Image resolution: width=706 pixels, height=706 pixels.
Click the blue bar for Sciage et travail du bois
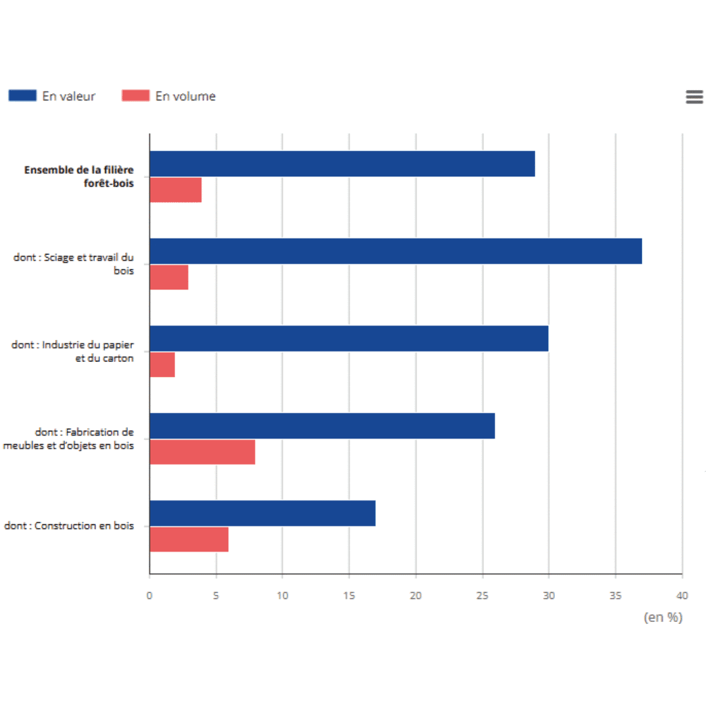tap(395, 251)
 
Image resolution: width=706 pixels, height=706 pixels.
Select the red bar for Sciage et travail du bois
tap(169, 277)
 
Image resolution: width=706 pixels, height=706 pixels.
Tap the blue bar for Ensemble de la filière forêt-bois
tap(342, 163)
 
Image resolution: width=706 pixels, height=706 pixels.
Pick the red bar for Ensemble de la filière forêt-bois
tap(175, 190)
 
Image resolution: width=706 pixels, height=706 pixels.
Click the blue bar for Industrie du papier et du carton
tap(349, 339)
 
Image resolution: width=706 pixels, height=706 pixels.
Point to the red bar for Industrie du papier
tap(162, 365)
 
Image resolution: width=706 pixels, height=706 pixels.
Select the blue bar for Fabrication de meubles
tap(322, 426)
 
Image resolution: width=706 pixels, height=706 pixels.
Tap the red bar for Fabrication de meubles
tap(202, 452)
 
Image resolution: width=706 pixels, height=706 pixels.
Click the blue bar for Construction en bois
tap(262, 514)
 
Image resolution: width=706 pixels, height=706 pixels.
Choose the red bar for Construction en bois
tap(189, 540)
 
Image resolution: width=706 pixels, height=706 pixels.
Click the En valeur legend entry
tap(52, 97)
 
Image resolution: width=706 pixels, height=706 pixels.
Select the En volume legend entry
tap(169, 97)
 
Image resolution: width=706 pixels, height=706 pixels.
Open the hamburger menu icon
tap(694, 97)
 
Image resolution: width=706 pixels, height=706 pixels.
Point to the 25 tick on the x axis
tap(483, 595)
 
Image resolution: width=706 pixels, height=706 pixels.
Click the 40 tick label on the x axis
tap(681, 595)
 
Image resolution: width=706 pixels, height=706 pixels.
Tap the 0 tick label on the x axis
tap(150, 595)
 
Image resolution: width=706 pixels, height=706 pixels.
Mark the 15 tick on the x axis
tap(349, 595)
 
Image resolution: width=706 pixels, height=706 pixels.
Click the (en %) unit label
tap(663, 617)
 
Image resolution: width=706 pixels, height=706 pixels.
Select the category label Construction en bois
tap(69, 525)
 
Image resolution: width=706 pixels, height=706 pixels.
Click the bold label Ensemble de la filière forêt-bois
tap(79, 176)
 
